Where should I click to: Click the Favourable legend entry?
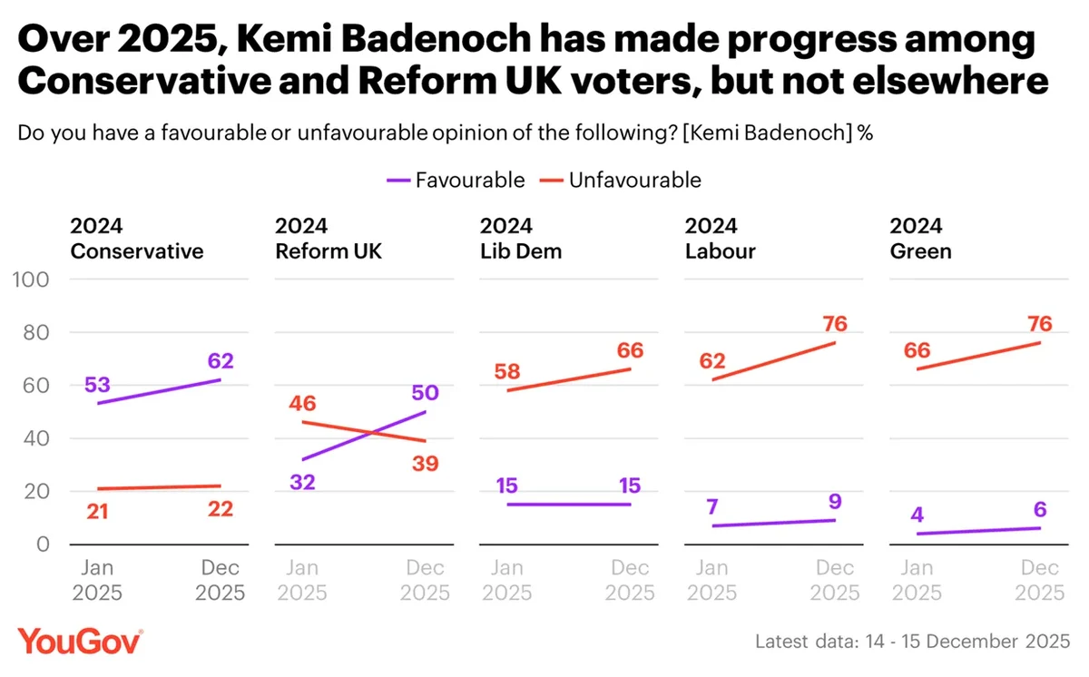coord(456,180)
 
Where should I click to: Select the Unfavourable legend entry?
coord(621,180)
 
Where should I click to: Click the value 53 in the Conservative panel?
coord(98,384)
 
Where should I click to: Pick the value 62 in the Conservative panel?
coord(221,360)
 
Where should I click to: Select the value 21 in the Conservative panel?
coord(98,512)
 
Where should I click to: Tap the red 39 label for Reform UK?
coord(425,464)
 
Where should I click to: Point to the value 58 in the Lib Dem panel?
coord(508,371)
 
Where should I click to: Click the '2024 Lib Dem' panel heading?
coord(521,239)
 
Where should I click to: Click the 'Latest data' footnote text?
coord(913,642)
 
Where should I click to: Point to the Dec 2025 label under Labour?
coord(835,580)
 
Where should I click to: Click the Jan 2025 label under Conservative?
coord(98,580)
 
